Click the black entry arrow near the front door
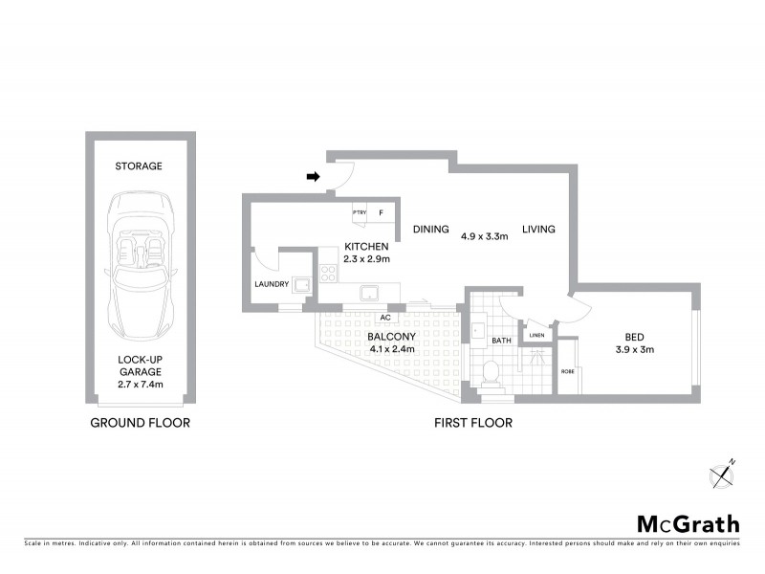[x=313, y=176]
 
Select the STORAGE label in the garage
[x=140, y=166]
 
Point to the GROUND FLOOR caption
[x=140, y=422]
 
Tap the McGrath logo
[x=688, y=523]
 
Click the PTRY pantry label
[x=360, y=212]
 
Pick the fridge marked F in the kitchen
[x=381, y=212]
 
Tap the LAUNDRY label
[x=273, y=284]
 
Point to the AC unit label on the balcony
[x=386, y=317]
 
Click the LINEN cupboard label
[x=537, y=336]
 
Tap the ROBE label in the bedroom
[x=566, y=371]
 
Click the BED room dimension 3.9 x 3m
[x=633, y=348]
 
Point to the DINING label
[x=431, y=230]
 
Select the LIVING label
[x=538, y=230]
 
